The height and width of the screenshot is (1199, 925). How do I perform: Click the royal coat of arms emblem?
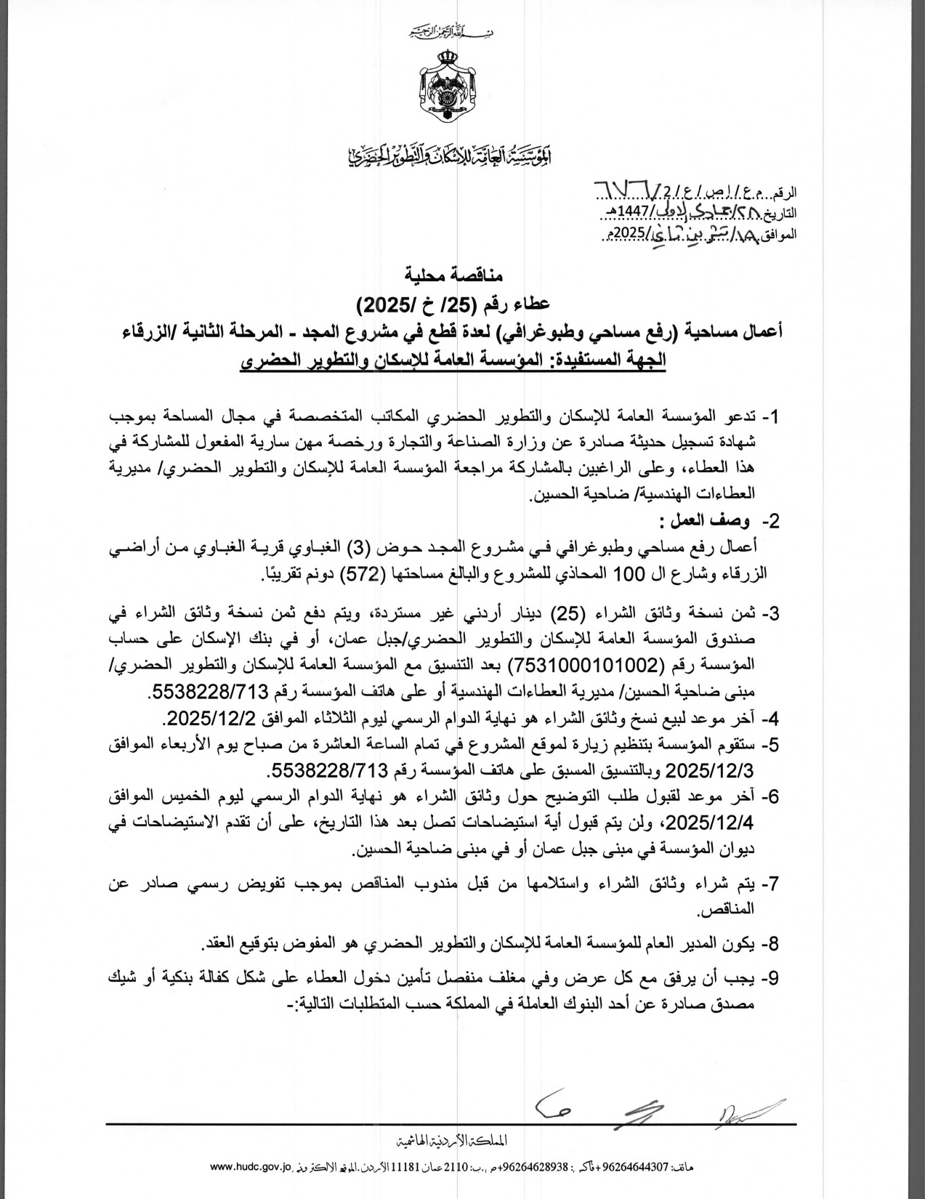(x=449, y=86)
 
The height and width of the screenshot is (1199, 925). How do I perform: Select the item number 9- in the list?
(x=770, y=979)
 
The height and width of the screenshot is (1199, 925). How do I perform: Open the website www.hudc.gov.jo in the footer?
(x=249, y=1166)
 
